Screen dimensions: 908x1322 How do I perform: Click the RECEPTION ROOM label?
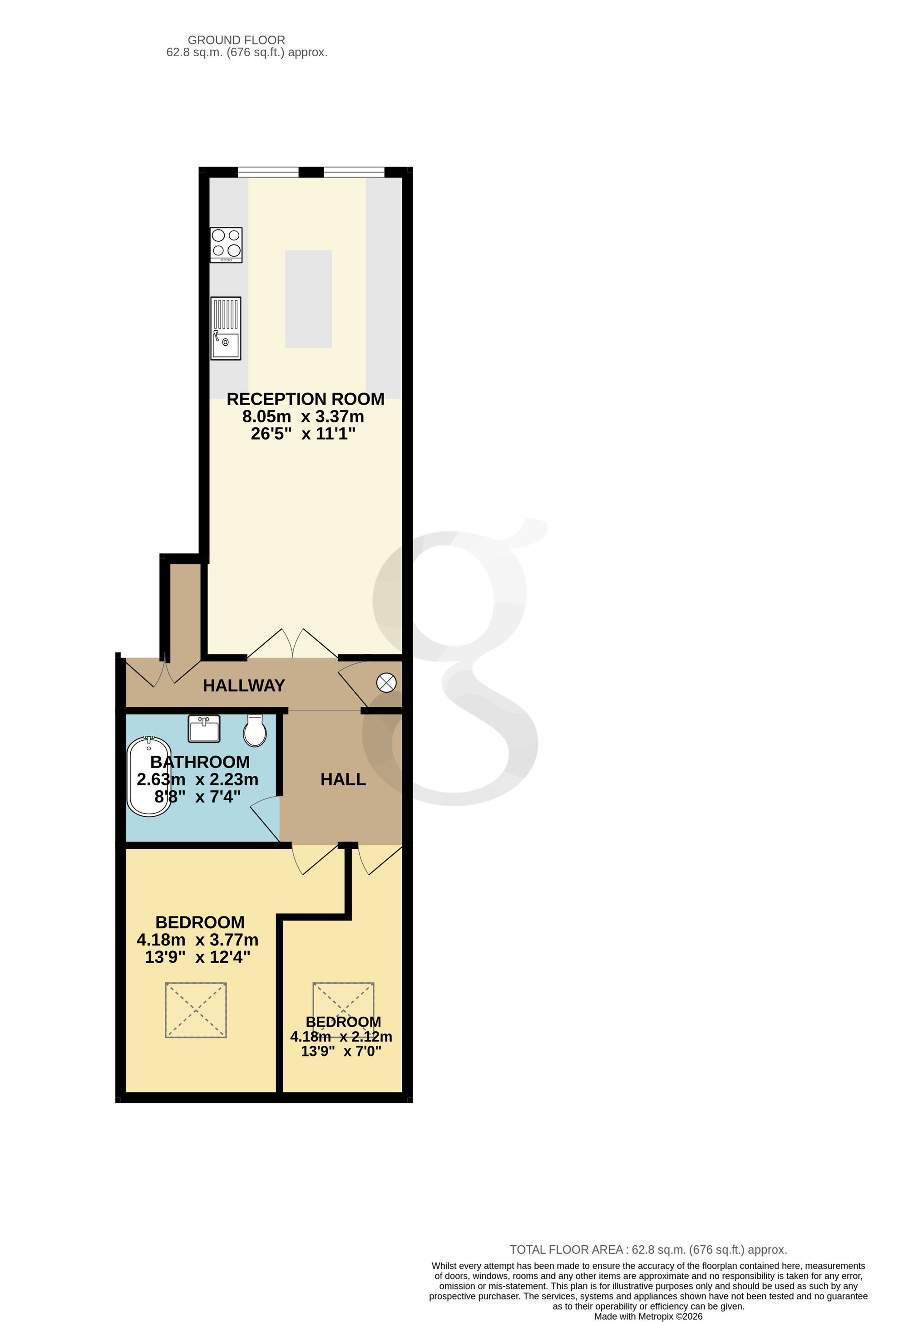click(x=306, y=399)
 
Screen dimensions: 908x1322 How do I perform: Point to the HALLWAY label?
click(x=244, y=685)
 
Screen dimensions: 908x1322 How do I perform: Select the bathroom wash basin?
click(x=204, y=729)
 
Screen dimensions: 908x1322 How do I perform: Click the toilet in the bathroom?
click(x=255, y=730)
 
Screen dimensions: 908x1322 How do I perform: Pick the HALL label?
click(x=343, y=779)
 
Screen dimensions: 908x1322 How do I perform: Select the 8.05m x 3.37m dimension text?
click(x=303, y=416)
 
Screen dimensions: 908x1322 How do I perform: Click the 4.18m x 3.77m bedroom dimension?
click(x=197, y=939)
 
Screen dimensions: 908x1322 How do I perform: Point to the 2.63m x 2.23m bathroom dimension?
click(x=197, y=779)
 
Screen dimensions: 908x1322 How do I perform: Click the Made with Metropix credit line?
click(x=648, y=1316)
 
